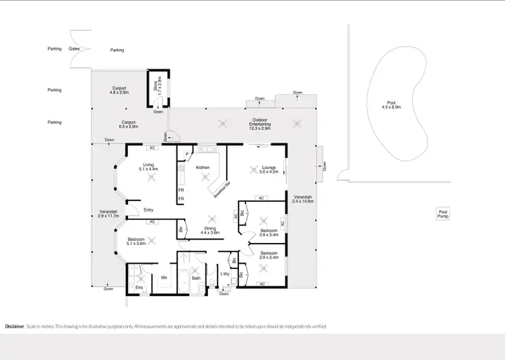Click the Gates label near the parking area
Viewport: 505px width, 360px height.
point(75,49)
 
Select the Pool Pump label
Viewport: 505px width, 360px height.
point(442,214)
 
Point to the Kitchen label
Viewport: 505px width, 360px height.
point(203,167)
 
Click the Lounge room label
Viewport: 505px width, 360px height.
point(269,169)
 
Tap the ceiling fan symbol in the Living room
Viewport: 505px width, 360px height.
point(152,177)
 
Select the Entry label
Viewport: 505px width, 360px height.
point(149,210)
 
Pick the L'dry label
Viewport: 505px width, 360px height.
point(226,274)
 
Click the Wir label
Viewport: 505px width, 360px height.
point(164,277)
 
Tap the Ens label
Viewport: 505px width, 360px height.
point(139,288)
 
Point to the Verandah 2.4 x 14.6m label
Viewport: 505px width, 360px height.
point(303,198)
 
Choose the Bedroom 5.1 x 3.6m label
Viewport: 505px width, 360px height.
point(135,242)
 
